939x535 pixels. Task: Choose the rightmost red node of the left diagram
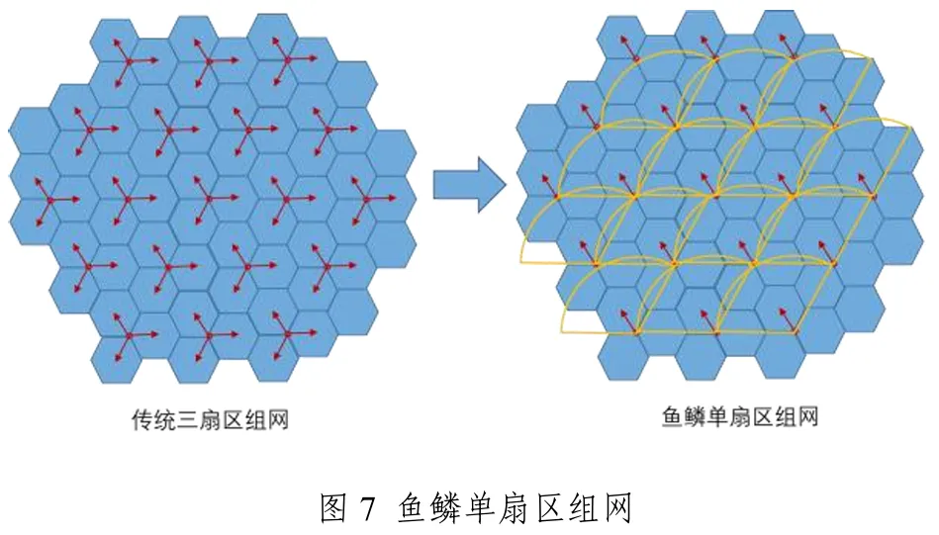(366, 198)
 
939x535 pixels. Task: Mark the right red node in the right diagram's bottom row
(793, 331)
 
